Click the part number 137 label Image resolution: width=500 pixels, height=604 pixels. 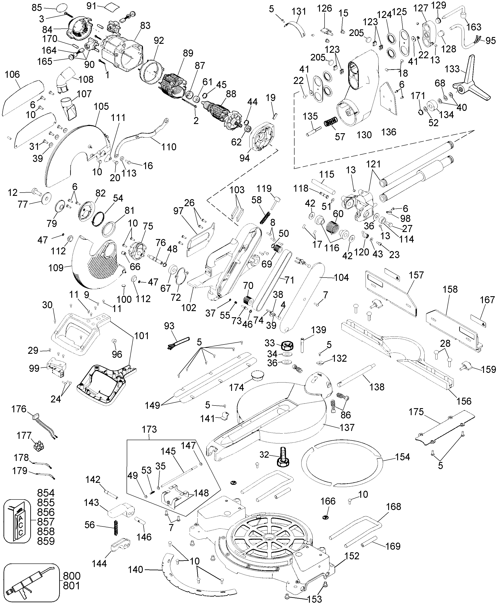point(347,436)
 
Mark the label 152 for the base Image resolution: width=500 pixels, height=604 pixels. point(352,556)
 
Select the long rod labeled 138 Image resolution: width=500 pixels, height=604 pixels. point(356,374)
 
